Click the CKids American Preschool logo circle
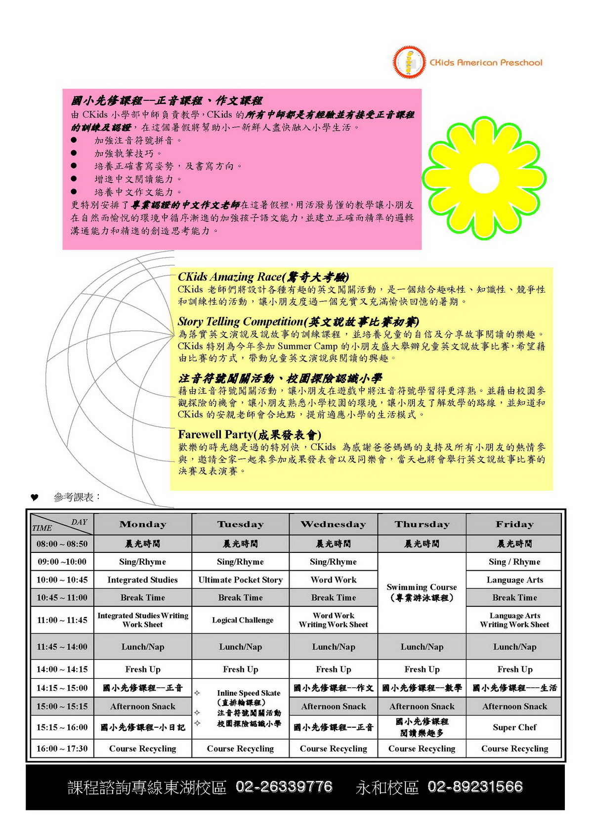click(x=409, y=62)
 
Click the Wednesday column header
click(x=334, y=524)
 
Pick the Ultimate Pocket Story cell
click(x=240, y=580)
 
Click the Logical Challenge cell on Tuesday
click(x=242, y=620)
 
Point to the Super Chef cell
click(x=514, y=727)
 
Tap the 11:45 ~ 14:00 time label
click(x=62, y=647)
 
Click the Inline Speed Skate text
click(x=249, y=693)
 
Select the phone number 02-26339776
click(x=284, y=787)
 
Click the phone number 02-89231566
click(x=475, y=787)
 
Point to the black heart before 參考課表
click(x=34, y=498)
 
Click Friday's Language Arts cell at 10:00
click(x=514, y=580)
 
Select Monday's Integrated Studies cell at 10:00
click(x=142, y=580)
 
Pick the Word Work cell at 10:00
click(x=334, y=580)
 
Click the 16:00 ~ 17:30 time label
click(x=62, y=749)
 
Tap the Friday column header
click(x=514, y=524)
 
